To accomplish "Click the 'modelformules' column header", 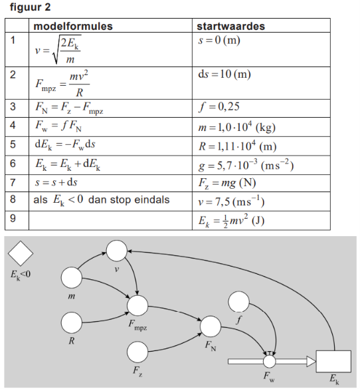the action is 73,26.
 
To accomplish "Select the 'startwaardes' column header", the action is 230,26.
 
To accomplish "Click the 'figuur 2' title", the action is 30,7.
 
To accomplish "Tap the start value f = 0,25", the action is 219,107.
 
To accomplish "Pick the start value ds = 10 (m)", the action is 225,74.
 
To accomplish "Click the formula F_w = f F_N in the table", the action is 58,126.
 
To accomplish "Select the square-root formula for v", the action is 58,50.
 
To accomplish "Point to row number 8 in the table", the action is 13,199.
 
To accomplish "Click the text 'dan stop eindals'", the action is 129,199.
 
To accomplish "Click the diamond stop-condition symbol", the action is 21,253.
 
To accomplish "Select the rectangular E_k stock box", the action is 333,361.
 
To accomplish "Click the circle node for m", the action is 72,277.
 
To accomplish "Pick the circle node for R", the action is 72,323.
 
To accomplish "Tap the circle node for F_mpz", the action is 137,306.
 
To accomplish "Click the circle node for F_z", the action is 137,352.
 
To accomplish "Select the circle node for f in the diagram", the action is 238,302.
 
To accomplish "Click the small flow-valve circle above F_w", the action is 269,362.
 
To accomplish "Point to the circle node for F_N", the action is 211,326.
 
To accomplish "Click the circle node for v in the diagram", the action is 116,251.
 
